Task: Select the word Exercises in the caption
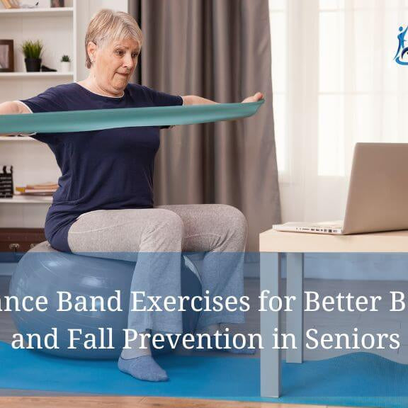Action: point(191,302)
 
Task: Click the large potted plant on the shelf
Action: point(33,55)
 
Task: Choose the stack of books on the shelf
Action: point(39,188)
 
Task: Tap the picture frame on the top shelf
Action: point(6,55)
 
